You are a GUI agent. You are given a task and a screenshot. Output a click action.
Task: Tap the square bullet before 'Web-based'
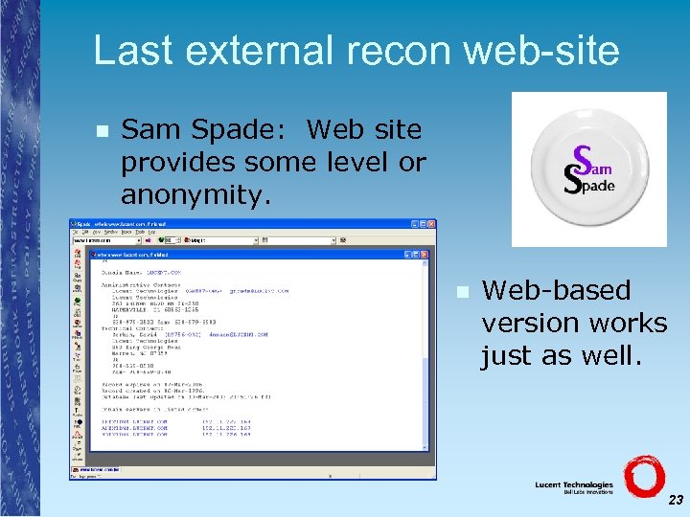click(462, 291)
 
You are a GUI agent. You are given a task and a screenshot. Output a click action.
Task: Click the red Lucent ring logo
click(644, 478)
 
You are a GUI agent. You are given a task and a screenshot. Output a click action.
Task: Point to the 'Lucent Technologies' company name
click(573, 484)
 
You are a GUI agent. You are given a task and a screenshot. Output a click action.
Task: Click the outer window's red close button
click(431, 224)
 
